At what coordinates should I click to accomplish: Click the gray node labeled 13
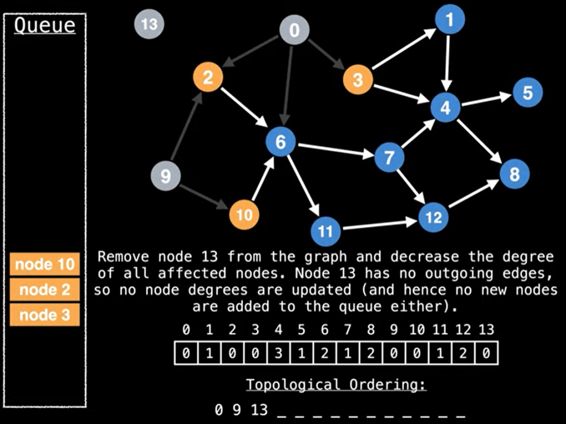(x=149, y=24)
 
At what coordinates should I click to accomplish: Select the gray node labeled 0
(x=294, y=30)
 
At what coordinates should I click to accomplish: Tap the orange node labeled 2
(x=208, y=77)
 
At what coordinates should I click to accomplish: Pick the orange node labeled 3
(x=358, y=80)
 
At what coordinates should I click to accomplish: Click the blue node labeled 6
(x=281, y=142)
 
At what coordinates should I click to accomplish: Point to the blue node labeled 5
(x=527, y=92)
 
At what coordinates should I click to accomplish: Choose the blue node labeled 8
(x=515, y=174)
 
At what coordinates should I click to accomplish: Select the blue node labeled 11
(x=326, y=230)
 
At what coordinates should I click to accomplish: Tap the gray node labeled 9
(x=165, y=177)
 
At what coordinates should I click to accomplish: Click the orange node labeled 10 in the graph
(x=244, y=214)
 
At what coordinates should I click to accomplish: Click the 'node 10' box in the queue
(x=45, y=264)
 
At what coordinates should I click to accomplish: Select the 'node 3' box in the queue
(x=45, y=315)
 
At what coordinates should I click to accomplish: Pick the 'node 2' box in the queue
(x=45, y=289)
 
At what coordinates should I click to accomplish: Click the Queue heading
(x=44, y=25)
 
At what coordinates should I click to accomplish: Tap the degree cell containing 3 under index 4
(x=279, y=353)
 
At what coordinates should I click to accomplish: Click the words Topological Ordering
(x=336, y=384)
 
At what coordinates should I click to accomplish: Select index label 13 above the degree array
(x=486, y=330)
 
